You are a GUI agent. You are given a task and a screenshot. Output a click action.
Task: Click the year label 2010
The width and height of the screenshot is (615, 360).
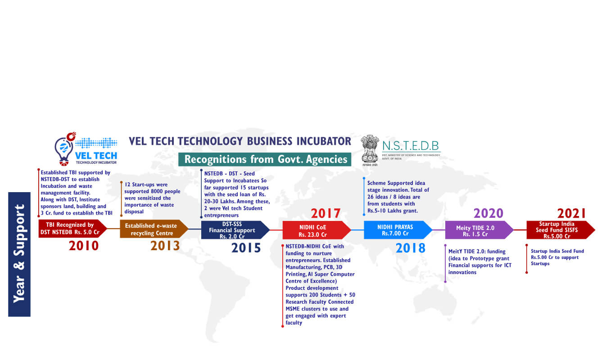[x=84, y=246]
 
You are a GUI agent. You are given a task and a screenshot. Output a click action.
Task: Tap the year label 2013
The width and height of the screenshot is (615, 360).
[x=165, y=246]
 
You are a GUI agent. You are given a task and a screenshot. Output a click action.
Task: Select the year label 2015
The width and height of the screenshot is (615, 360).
[x=246, y=248]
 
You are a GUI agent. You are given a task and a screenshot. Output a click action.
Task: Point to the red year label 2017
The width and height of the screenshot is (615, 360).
[x=326, y=213]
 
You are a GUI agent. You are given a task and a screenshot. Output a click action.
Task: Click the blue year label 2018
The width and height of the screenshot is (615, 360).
[x=411, y=248]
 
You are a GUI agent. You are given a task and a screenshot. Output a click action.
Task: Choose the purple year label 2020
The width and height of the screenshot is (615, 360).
[x=488, y=213]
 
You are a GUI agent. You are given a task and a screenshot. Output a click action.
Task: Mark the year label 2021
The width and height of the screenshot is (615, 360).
[x=571, y=213]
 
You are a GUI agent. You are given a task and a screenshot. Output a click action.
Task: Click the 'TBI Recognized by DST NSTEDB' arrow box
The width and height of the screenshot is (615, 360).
[x=72, y=229]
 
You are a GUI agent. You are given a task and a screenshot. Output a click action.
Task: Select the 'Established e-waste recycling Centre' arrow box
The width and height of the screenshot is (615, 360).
[x=154, y=229]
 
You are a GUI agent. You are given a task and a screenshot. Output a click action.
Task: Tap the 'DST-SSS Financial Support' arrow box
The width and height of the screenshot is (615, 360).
[x=235, y=230]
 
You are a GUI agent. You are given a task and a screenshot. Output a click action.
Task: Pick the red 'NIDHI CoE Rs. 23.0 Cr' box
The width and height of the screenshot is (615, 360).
[x=317, y=230]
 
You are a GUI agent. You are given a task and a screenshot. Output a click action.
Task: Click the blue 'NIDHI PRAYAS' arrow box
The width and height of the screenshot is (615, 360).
[x=398, y=230]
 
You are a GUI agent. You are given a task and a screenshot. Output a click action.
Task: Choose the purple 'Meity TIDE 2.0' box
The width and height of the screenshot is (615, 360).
[x=479, y=230]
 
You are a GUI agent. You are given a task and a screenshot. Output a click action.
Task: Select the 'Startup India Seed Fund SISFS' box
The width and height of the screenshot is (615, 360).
[x=561, y=230]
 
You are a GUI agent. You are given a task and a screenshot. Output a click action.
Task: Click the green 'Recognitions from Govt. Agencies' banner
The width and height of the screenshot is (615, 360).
[x=265, y=159]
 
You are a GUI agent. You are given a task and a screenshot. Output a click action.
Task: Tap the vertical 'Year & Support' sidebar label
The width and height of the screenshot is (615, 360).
[x=19, y=254]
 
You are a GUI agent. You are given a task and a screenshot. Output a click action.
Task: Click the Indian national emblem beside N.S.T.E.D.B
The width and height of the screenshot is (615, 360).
[x=370, y=150]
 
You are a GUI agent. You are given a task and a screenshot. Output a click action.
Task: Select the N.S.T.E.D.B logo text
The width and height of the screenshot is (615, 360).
[x=411, y=146]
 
